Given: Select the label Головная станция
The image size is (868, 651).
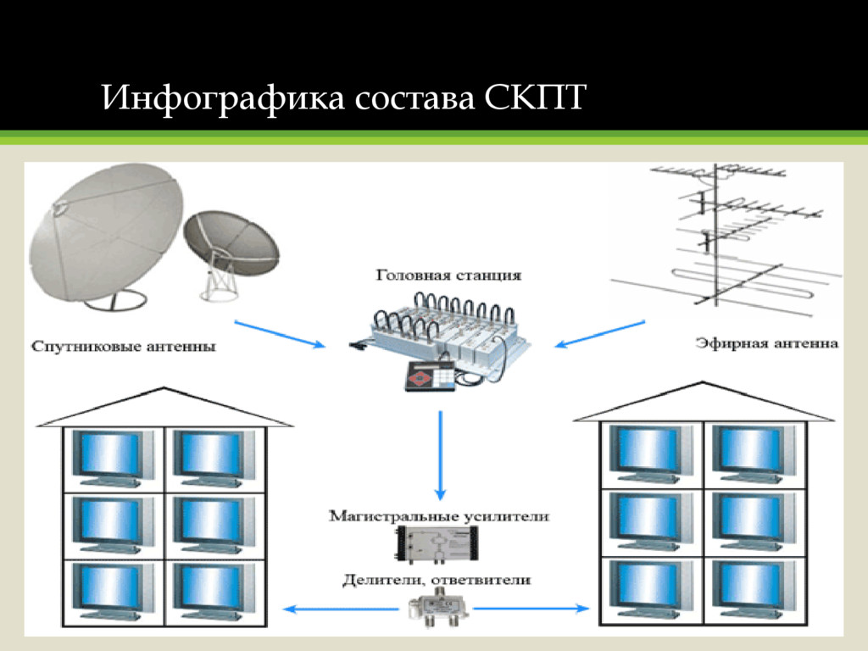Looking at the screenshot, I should pyautogui.click(x=448, y=275).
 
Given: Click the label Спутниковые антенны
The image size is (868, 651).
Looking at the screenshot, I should pyautogui.click(x=123, y=346).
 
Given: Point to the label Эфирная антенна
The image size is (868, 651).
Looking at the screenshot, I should pyautogui.click(x=767, y=343).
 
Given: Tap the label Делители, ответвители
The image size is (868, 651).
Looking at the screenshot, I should pyautogui.click(x=437, y=580).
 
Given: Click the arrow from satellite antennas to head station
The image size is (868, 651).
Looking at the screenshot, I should pyautogui.click(x=280, y=333).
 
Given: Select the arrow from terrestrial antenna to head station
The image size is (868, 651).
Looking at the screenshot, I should pyautogui.click(x=599, y=332).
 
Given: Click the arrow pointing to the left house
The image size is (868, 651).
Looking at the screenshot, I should pyautogui.click(x=339, y=608).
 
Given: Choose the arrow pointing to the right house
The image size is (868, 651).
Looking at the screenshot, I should pyautogui.click(x=532, y=608).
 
